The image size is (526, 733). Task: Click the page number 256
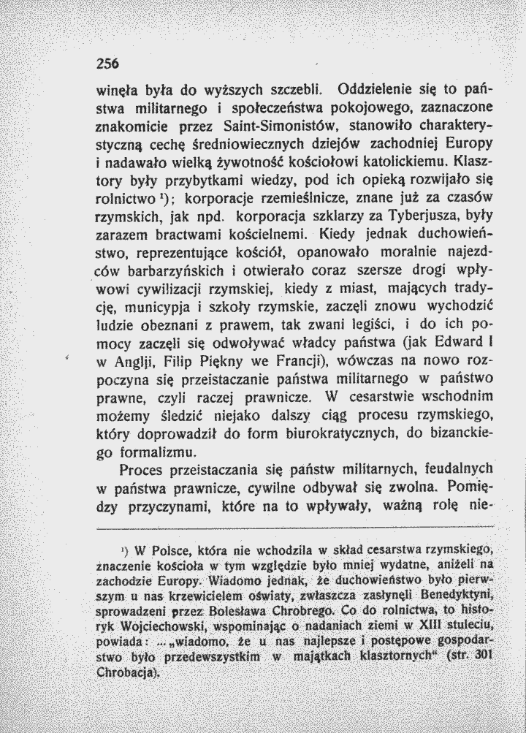click(x=107, y=64)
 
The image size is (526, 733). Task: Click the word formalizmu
click(x=139, y=454)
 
